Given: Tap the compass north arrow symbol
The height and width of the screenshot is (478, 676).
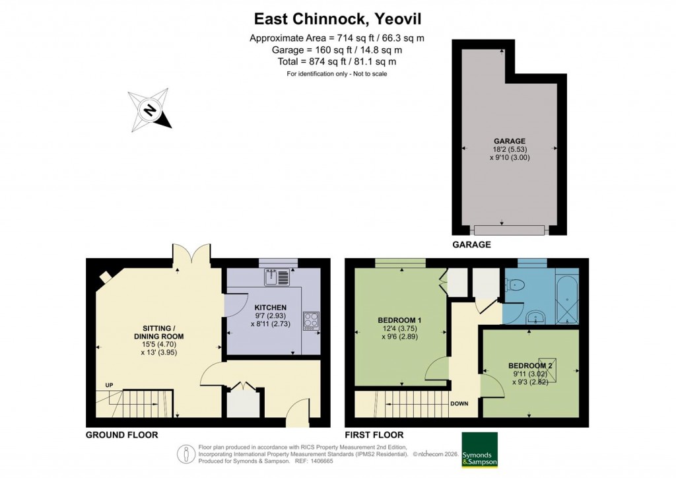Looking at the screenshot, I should click(x=151, y=110).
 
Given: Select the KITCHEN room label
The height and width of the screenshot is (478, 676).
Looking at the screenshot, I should click(x=271, y=307).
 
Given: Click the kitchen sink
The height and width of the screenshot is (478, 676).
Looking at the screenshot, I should click(x=277, y=277).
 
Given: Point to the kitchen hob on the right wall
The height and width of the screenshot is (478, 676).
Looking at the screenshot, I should click(x=310, y=320).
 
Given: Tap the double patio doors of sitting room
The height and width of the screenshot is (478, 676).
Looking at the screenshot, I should click(x=191, y=254).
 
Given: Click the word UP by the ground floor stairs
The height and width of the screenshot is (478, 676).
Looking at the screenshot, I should click(x=108, y=385).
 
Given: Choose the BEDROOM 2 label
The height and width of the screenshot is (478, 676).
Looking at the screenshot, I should click(x=530, y=366).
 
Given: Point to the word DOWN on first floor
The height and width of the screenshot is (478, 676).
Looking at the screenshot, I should click(x=459, y=403).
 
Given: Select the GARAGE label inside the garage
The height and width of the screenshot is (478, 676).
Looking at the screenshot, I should click(x=509, y=141).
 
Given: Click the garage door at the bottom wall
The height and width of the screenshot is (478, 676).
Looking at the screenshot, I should click(x=509, y=230).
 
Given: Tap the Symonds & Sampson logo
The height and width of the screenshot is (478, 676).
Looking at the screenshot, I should click(x=479, y=450).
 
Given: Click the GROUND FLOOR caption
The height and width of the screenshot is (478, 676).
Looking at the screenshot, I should click(x=121, y=435).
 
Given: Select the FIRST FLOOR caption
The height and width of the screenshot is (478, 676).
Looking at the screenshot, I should click(x=374, y=435).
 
